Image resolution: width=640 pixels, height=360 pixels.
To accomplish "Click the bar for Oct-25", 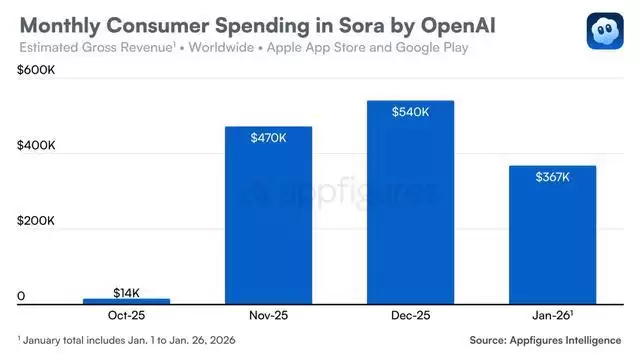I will pos(126,300).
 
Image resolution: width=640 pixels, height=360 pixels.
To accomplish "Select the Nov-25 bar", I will pos(269,215).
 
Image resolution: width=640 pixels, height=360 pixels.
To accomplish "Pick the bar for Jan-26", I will pos(553,235).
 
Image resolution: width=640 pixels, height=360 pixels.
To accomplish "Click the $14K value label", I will pos(126,291).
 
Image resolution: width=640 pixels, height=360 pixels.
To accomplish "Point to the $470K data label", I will pos(269,139).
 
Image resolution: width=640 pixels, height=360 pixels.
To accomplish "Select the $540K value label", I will pos(411,113).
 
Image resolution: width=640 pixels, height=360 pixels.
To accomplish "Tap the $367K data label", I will pos(553,178).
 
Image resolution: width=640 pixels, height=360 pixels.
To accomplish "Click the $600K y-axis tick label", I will pos(35,69).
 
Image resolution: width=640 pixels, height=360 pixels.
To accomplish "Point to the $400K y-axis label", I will pos(35,146).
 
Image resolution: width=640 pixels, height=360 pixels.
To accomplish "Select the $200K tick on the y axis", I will pos(35,222).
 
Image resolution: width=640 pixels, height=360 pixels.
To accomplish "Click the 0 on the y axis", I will pos(20,298).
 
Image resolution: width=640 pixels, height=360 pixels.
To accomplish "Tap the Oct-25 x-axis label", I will pos(126,314).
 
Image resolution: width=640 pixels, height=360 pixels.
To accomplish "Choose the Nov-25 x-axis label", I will pos(269,314).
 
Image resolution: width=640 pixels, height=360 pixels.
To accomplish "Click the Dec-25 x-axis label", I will pos(411,314).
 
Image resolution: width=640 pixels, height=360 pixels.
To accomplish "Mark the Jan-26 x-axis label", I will pos(552,314).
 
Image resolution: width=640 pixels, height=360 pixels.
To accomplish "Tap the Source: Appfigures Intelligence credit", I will pos(545,340).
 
